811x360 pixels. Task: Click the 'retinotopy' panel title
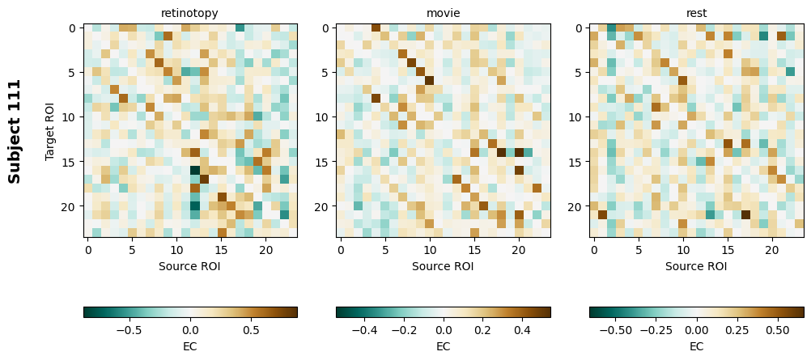click(x=190, y=13)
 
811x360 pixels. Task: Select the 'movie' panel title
click(x=443, y=13)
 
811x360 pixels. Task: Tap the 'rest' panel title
click(x=696, y=13)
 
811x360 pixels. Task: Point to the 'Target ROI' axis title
click(x=50, y=130)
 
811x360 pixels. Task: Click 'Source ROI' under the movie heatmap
click(x=443, y=265)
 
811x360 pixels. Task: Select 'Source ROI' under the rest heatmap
click(x=696, y=265)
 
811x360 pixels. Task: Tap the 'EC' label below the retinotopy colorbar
click(x=190, y=346)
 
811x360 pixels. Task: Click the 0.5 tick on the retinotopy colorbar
click(x=251, y=330)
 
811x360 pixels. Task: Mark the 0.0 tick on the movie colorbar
click(x=443, y=330)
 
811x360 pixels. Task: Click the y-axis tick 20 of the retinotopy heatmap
click(x=70, y=206)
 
